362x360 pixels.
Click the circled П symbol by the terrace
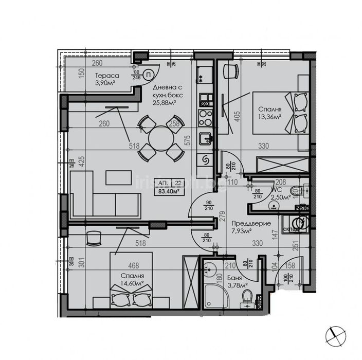pyautogui.click(x=148, y=75)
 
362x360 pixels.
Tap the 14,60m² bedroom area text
pyautogui.click(x=133, y=283)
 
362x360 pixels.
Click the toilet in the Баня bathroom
pyautogui.click(x=247, y=297)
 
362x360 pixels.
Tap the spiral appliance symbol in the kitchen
pyautogui.click(x=205, y=160)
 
